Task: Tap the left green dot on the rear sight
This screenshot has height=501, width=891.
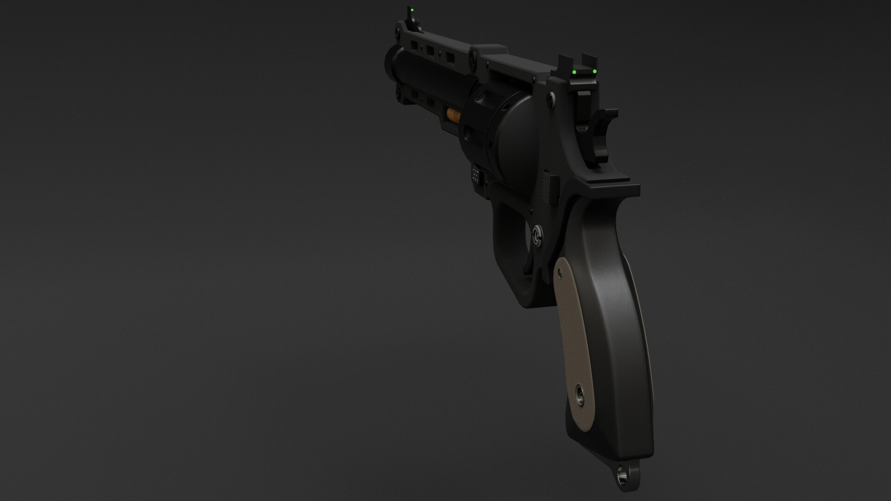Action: pyautogui.click(x=575, y=73)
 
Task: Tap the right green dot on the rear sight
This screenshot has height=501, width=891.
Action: pyautogui.click(x=594, y=71)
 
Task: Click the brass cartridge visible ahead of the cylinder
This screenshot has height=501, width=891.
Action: pyautogui.click(x=452, y=115)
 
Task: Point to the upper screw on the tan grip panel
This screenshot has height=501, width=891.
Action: pyautogui.click(x=560, y=275)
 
